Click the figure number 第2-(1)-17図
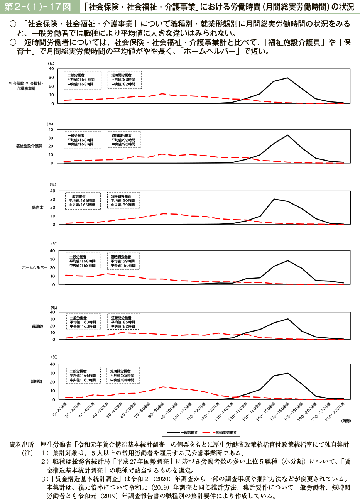click(38, 7)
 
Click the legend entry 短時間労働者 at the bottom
click(226, 433)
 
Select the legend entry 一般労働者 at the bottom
click(189, 433)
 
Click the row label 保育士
click(38, 207)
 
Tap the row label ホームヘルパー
click(35, 267)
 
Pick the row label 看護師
click(37, 326)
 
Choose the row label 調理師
click(37, 381)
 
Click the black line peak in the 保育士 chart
click(274, 199)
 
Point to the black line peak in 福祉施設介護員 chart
click(287, 135)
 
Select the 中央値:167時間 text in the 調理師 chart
click(83, 380)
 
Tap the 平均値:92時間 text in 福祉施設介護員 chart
click(123, 140)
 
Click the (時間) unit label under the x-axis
click(346, 421)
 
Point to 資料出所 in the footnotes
click(22, 445)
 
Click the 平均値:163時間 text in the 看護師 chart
click(83, 322)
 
